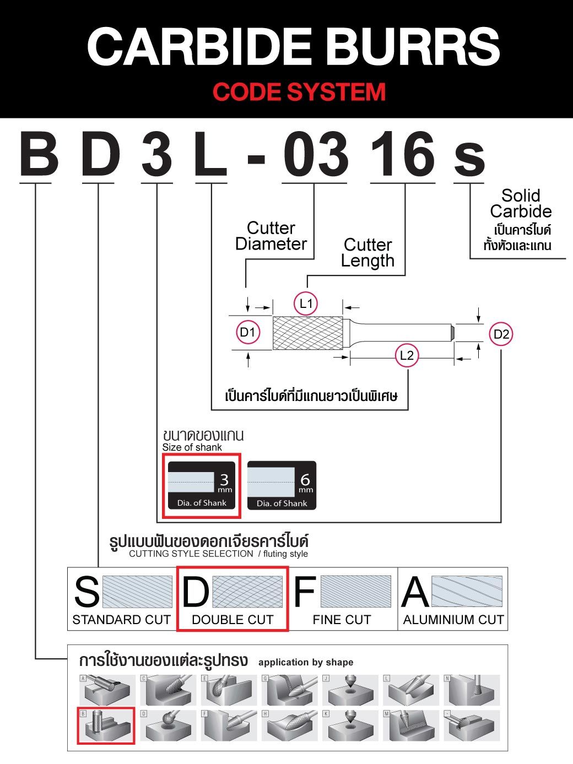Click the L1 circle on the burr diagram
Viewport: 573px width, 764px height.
pos(306,303)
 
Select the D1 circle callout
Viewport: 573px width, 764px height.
pos(247,332)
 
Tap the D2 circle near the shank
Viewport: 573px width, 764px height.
pos(501,334)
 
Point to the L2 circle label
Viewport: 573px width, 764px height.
pos(406,355)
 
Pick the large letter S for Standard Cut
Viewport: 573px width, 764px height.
pos(87,592)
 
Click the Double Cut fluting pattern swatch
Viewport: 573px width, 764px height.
pos(247,592)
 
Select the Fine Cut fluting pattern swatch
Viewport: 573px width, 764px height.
pos(355,592)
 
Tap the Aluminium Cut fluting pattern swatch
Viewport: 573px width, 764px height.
pos(467,592)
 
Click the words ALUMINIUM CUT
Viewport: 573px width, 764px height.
pos(453,620)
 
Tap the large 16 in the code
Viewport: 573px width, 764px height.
pos(403,155)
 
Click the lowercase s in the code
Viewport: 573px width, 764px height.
pos(469,158)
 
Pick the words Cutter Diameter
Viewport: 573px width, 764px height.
pos(271,236)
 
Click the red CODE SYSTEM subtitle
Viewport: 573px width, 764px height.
pos(299,91)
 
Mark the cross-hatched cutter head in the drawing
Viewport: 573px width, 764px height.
pos(307,333)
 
